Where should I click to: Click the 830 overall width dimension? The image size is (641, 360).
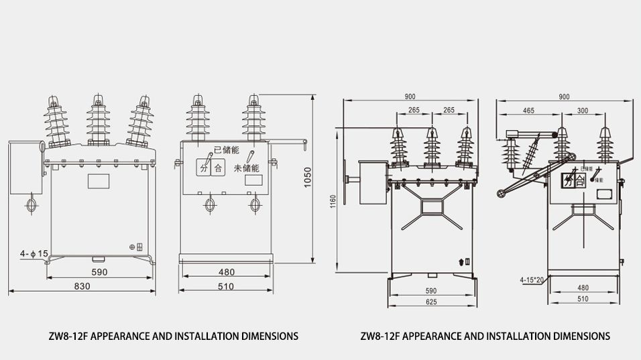(x=82, y=286)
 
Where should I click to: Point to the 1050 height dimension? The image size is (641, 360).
(x=308, y=178)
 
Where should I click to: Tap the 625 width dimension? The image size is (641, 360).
(x=430, y=302)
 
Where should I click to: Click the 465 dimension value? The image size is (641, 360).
(x=528, y=110)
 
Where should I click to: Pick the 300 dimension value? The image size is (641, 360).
(x=582, y=110)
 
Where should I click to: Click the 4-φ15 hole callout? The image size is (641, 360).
(x=34, y=253)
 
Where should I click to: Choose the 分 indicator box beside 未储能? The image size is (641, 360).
(x=202, y=168)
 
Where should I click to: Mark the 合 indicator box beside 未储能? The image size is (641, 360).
(x=217, y=168)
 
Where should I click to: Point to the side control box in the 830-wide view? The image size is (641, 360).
(x=25, y=168)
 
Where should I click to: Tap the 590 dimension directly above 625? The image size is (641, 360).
(x=430, y=291)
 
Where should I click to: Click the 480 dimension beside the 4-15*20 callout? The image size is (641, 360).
(x=583, y=288)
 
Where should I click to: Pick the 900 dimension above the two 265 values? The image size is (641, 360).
(x=410, y=97)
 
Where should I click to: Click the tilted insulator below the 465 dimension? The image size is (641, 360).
(x=532, y=154)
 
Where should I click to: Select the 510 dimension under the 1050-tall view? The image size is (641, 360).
(x=226, y=286)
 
